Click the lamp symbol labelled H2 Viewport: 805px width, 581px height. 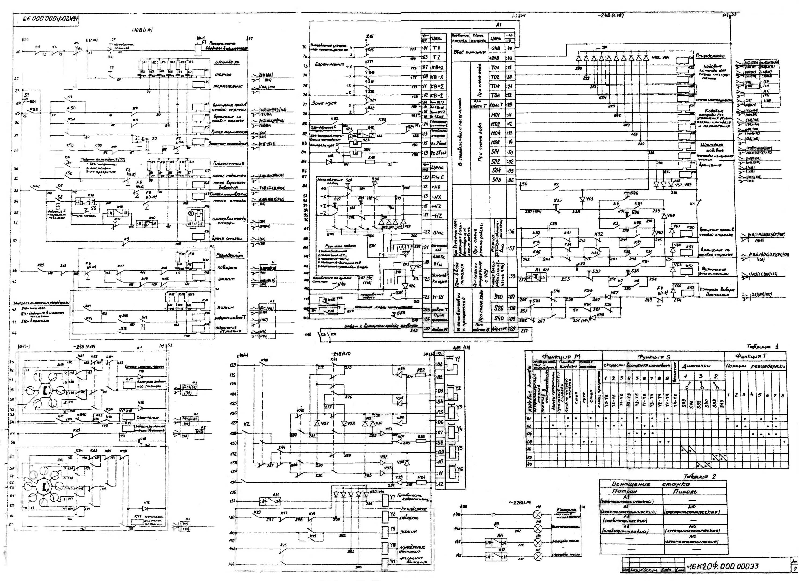[x=538, y=515]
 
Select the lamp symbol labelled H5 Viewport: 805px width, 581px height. [x=538, y=557]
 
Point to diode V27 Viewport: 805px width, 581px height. [x=317, y=423]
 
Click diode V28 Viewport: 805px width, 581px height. [x=343, y=423]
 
